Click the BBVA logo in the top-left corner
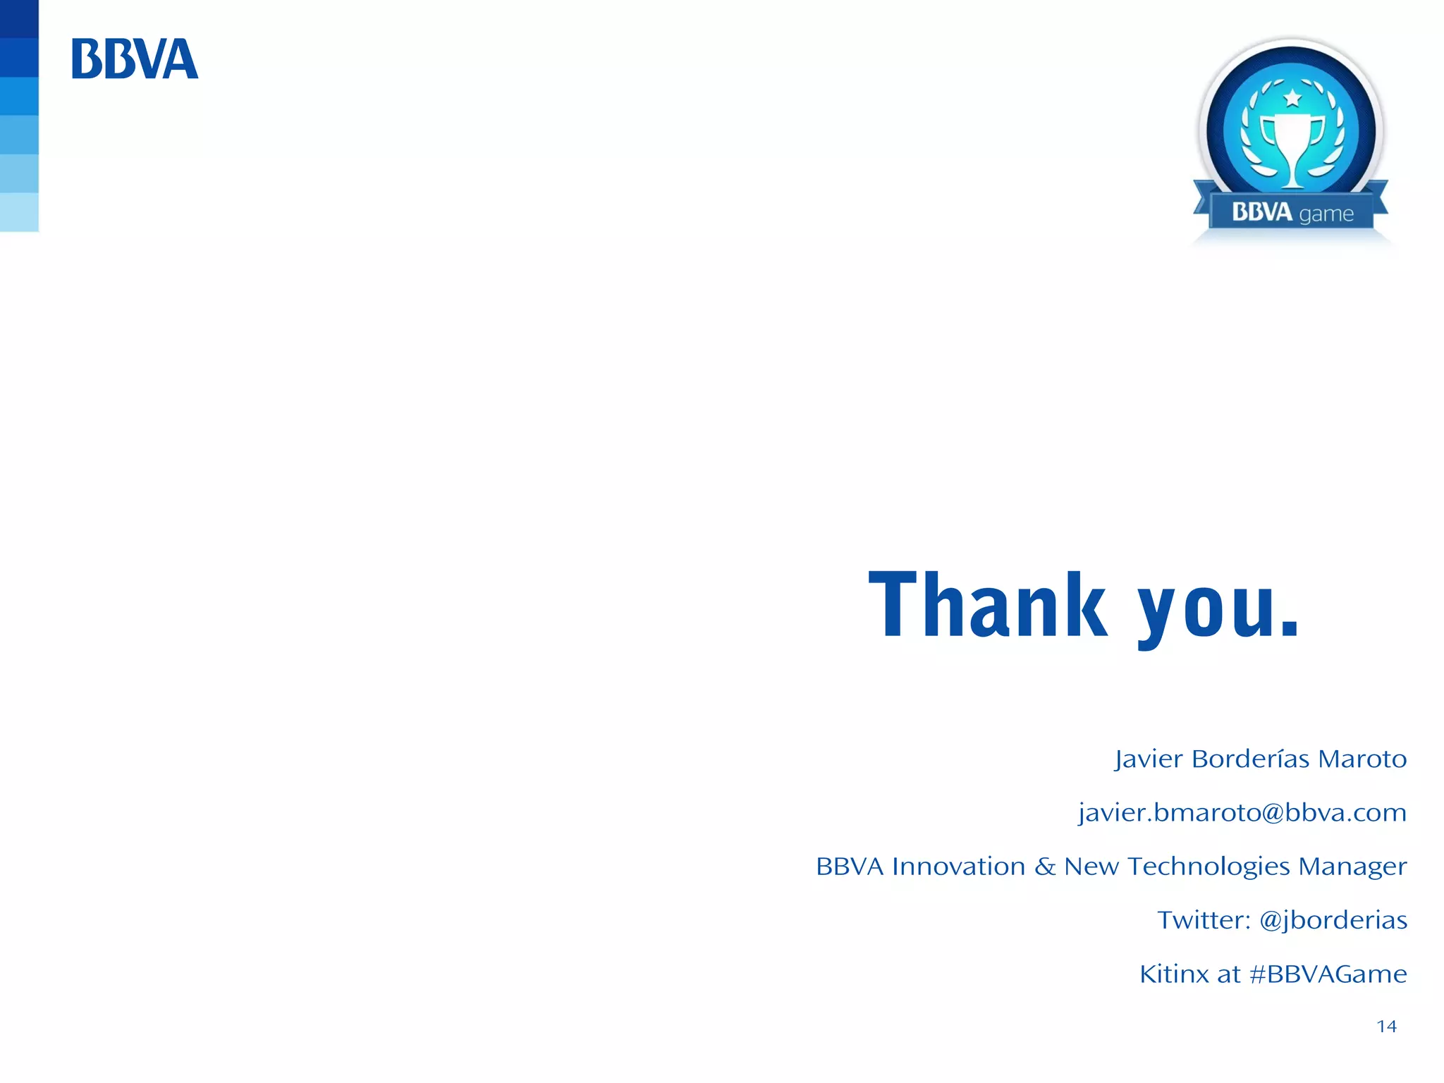(x=135, y=59)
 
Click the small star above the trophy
(x=1292, y=97)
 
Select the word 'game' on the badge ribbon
(x=1326, y=214)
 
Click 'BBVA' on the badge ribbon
(x=1261, y=212)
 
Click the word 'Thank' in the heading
(x=987, y=606)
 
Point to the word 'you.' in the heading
(x=1218, y=610)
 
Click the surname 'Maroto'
(x=1362, y=759)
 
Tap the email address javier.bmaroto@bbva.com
(x=1242, y=813)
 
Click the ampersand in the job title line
(x=1044, y=867)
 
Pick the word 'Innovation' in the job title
(x=958, y=867)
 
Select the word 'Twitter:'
(x=1204, y=920)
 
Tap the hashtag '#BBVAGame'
(x=1328, y=974)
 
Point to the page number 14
(x=1386, y=1027)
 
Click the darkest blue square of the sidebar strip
(x=19, y=18)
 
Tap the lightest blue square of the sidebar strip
(x=19, y=212)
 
